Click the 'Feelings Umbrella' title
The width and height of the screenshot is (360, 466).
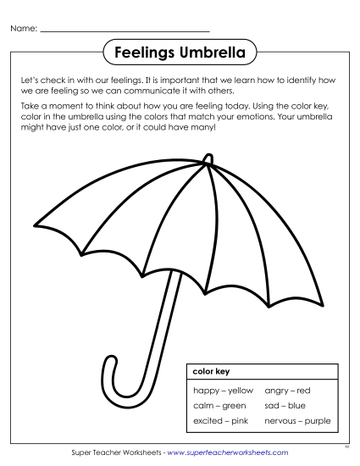(x=180, y=53)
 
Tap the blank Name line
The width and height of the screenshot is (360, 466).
(x=125, y=31)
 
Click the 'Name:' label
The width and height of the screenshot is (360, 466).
(x=24, y=29)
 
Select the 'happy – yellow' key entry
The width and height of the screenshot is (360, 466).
(x=223, y=391)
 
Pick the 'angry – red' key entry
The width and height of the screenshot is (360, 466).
(x=287, y=391)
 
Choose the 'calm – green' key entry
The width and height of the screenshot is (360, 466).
(x=219, y=406)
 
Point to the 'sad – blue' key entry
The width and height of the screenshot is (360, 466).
(x=285, y=406)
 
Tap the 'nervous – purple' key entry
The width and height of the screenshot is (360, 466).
(x=297, y=420)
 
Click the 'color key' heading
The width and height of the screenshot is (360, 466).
(x=211, y=371)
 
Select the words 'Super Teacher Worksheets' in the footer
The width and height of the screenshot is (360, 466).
(x=117, y=453)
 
